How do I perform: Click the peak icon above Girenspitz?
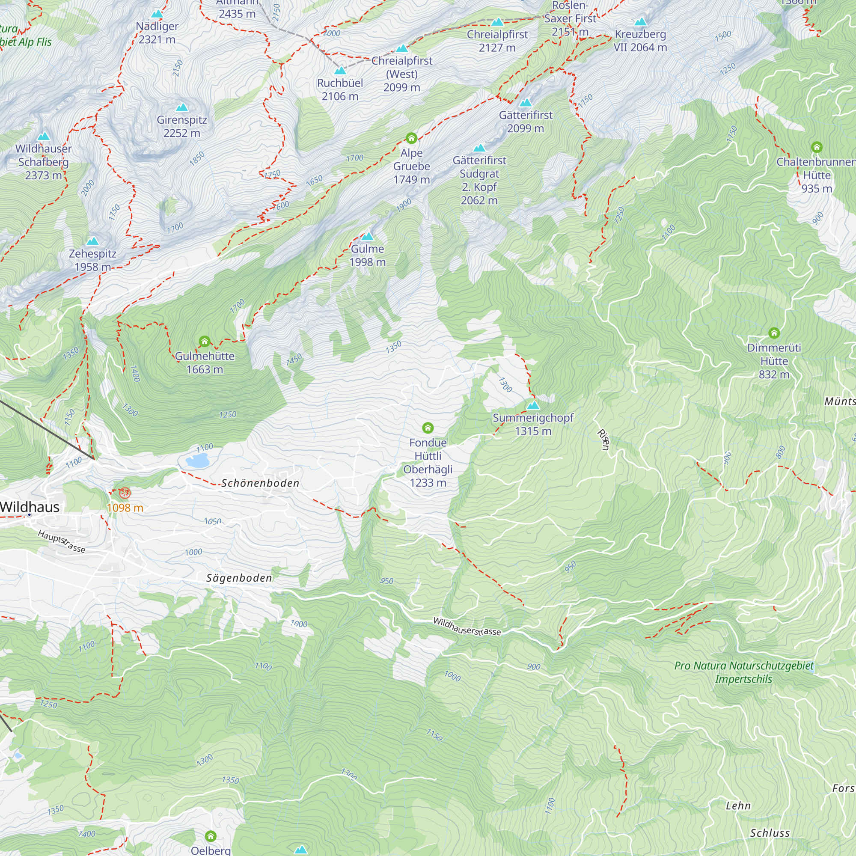click(x=181, y=108)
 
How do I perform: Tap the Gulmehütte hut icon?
click(x=204, y=341)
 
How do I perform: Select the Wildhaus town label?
click(x=30, y=507)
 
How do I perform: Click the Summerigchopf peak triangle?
click(x=533, y=405)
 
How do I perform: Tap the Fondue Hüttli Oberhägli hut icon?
click(x=428, y=428)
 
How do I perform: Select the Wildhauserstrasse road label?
click(x=467, y=627)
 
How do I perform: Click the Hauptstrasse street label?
click(x=61, y=541)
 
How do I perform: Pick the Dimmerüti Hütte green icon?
click(x=774, y=333)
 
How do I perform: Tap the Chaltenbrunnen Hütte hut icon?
click(x=817, y=147)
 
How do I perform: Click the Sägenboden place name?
click(x=239, y=578)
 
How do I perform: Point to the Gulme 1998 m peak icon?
click(x=367, y=237)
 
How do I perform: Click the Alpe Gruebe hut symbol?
click(x=411, y=138)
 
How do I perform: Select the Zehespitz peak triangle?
click(x=92, y=241)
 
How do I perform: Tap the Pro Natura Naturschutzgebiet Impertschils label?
click(x=743, y=672)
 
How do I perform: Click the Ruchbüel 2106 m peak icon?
click(x=340, y=71)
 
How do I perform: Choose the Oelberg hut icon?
click(x=211, y=836)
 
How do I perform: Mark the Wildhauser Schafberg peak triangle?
click(x=43, y=137)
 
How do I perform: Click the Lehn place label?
click(x=738, y=806)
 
